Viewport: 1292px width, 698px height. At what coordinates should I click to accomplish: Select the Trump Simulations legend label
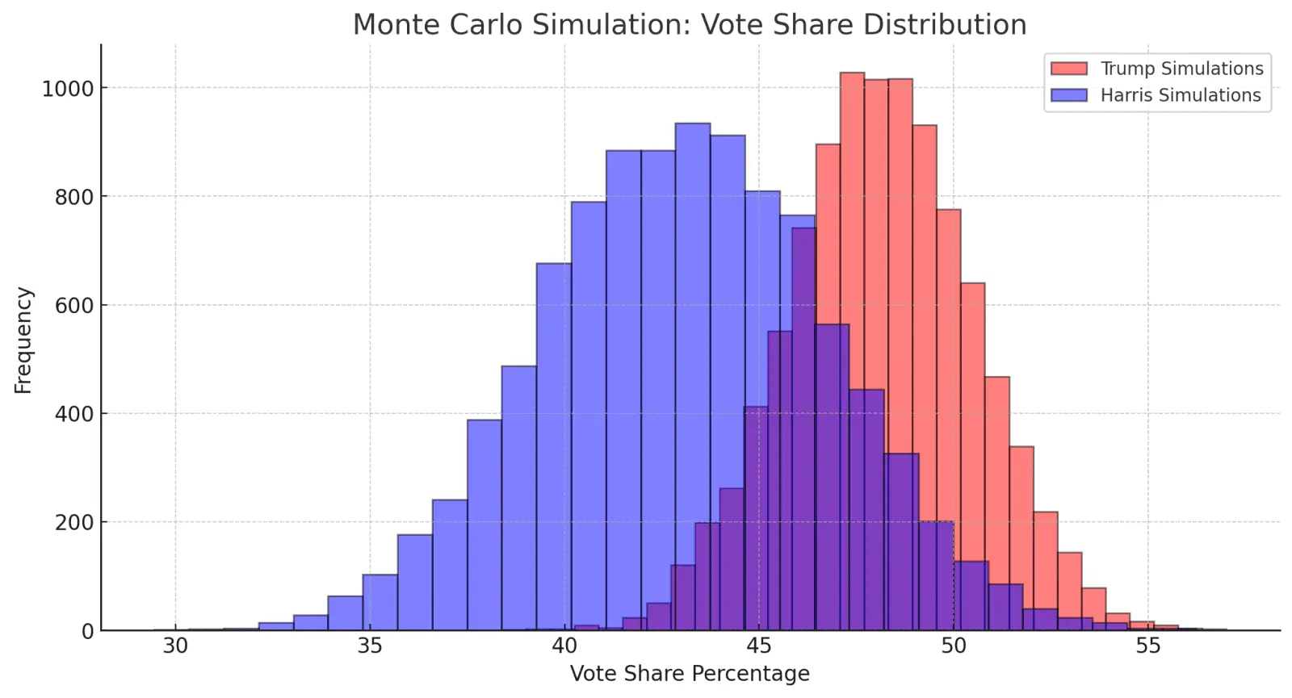tap(1181, 69)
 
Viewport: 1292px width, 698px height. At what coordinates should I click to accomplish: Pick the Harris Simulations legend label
tap(1180, 95)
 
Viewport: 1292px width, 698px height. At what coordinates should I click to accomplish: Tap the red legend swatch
tap(1068, 69)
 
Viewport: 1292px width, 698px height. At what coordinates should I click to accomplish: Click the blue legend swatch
tap(1068, 95)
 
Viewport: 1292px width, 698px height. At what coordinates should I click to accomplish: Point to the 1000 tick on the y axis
tap(68, 89)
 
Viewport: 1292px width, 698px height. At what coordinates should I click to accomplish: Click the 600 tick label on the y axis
tap(74, 306)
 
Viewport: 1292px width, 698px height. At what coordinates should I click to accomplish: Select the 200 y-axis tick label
tap(74, 523)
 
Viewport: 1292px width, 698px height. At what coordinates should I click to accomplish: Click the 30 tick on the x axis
tap(175, 646)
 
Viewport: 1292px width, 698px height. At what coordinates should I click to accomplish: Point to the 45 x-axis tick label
tap(758, 646)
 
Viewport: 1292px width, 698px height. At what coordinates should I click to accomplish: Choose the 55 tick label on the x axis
tap(1147, 646)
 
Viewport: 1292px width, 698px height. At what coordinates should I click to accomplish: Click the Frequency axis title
tap(23, 340)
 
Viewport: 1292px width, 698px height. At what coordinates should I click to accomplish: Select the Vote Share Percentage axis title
tap(689, 674)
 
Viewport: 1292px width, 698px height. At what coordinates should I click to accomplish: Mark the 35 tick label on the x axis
tap(370, 646)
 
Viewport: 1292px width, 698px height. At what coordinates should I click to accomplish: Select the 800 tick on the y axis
tap(74, 197)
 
